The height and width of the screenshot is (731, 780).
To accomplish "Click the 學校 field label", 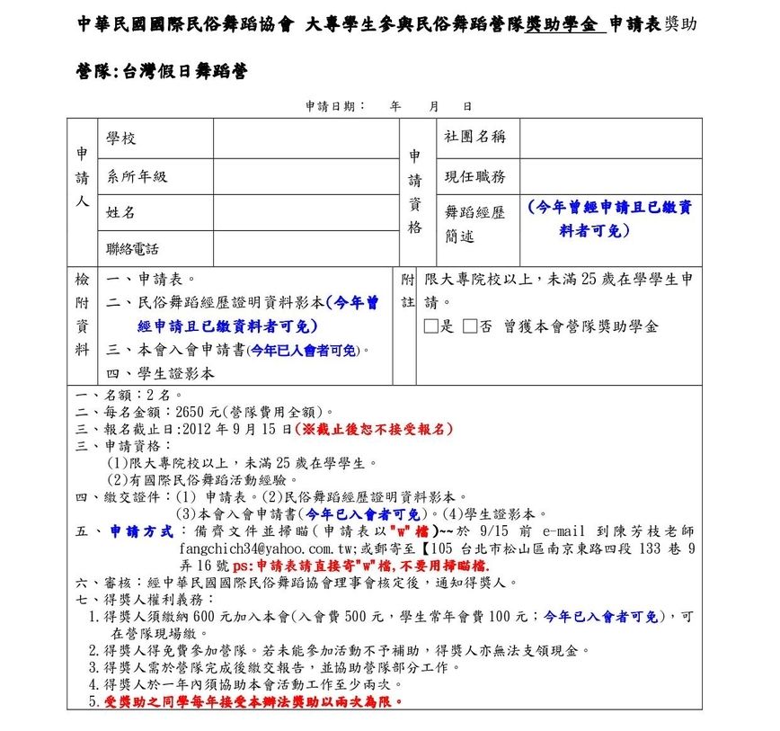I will tap(121, 138).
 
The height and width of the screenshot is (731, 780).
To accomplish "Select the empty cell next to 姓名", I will tap(306, 212).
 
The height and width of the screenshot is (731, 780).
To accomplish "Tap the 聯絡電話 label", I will tap(132, 248).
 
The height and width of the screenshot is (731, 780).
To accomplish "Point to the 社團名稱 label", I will tap(474, 137).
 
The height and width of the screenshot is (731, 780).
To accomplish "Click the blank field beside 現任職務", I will tap(610, 176).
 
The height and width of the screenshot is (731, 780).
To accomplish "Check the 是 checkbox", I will tap(430, 326).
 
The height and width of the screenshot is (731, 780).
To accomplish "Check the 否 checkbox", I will tap(470, 326).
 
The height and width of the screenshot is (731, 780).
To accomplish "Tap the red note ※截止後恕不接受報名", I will tap(372, 429).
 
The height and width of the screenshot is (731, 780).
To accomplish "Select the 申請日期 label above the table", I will tap(334, 106).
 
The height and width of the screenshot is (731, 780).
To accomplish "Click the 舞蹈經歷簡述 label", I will tap(474, 224).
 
